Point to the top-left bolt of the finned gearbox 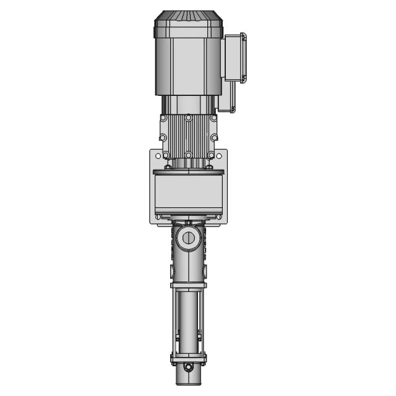[x=163, y=118]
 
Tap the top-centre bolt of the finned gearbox [x=188, y=118]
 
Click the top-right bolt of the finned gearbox [x=213, y=118]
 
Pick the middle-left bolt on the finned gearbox [x=163, y=137]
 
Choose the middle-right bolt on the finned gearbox [x=213, y=137]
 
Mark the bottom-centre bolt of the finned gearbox [x=188, y=155]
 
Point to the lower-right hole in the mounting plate [x=220, y=217]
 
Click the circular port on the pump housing [x=188, y=238]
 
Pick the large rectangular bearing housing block [x=188, y=192]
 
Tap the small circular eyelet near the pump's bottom [x=188, y=368]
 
